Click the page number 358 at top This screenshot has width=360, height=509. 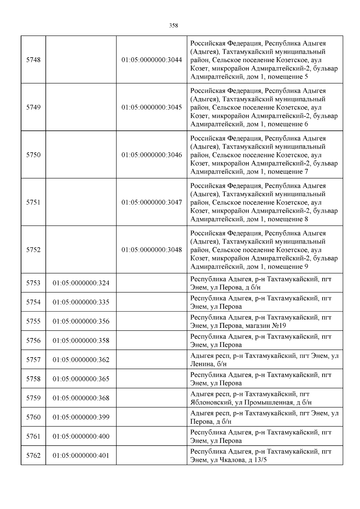pos(173,26)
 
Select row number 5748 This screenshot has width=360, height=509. pos(33,60)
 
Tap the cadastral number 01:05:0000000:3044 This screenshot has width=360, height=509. pos(151,60)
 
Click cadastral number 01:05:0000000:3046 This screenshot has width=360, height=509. pos(151,155)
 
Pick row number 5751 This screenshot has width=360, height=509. pos(33,202)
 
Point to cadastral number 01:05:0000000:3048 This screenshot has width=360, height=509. pos(151,250)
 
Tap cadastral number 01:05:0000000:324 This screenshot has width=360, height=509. pos(81,283)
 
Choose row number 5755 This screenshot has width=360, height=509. pos(33,321)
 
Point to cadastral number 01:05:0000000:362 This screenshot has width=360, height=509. pos(81,360)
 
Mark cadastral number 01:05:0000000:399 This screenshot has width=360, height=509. pos(81,417)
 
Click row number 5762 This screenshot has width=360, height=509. pos(33,455)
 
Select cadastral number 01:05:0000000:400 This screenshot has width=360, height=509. pos(81,436)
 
